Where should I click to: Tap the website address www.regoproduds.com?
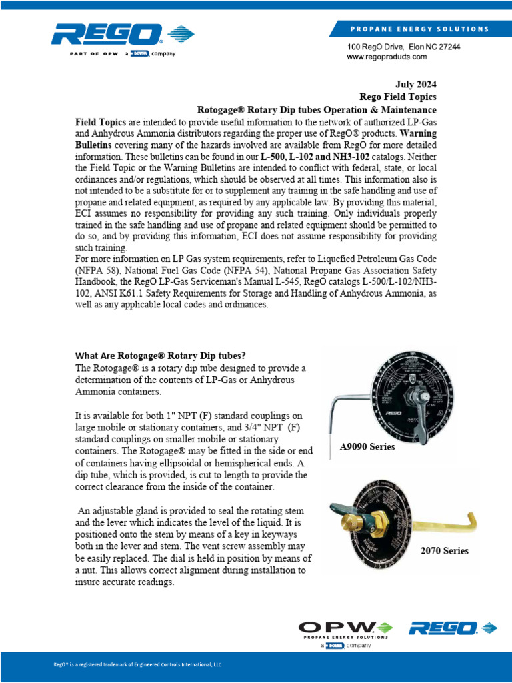(x=387, y=58)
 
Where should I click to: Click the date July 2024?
(x=413, y=84)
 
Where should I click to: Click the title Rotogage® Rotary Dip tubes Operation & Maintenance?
(x=317, y=109)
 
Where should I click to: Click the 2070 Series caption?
(x=444, y=550)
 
